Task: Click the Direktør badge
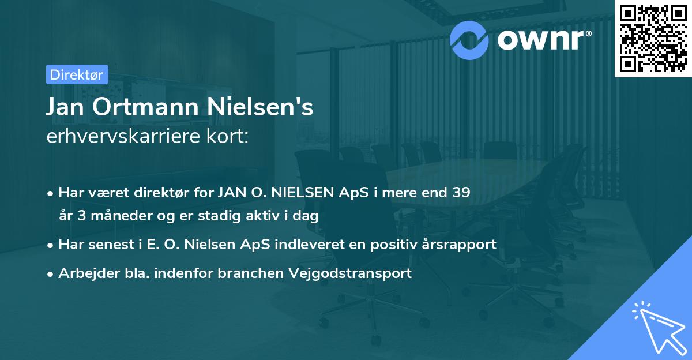click(76, 74)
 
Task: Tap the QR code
click(652, 38)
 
